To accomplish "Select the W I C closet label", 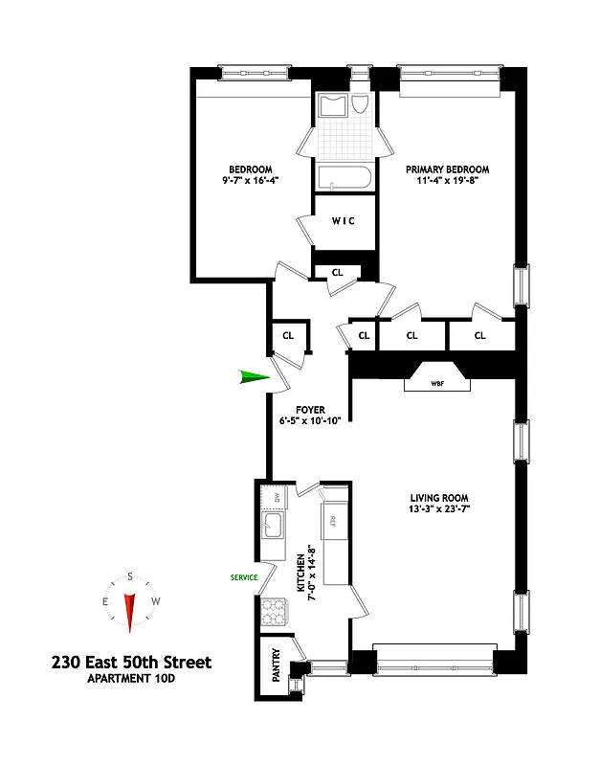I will [344, 221].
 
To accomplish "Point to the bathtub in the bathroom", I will [342, 177].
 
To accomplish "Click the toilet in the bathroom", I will [360, 105].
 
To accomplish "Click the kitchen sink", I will [272, 524].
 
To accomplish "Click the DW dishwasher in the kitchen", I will [275, 497].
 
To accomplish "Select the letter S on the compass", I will [128, 577].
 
